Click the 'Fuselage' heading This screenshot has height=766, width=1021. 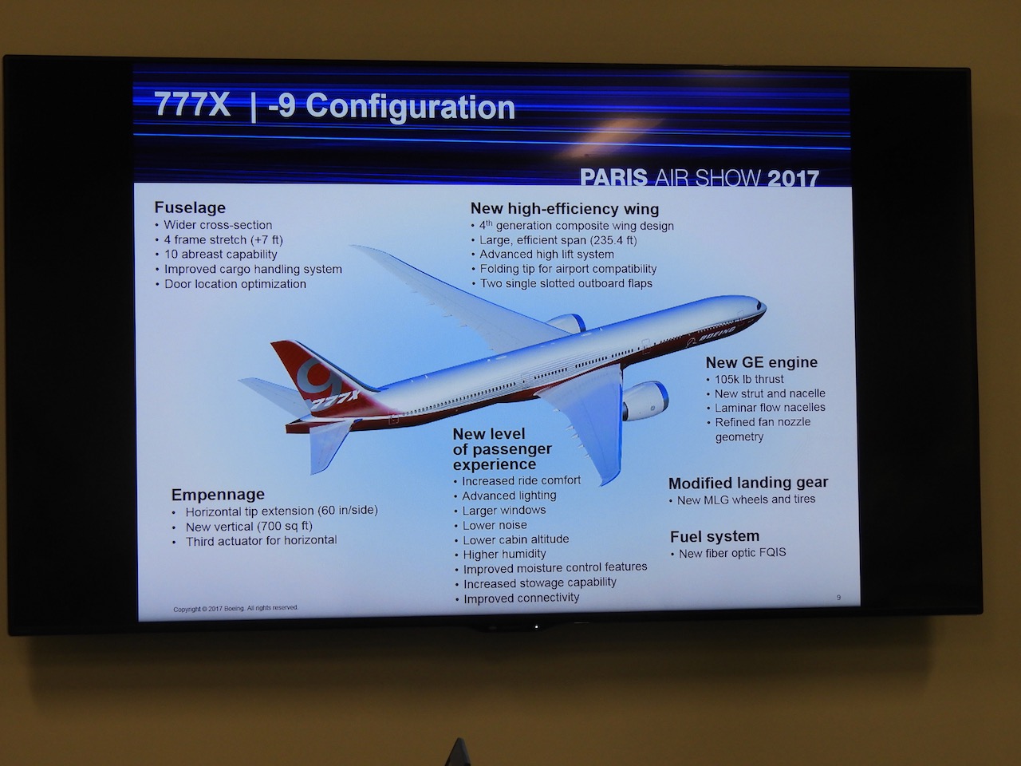[x=190, y=207]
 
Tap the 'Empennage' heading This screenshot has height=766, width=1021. [x=218, y=494]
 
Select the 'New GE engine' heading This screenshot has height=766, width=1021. [x=762, y=362]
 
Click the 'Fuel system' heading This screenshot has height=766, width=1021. [x=715, y=537]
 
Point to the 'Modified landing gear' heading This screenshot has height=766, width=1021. [x=748, y=483]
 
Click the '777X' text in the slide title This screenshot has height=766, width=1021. [x=192, y=105]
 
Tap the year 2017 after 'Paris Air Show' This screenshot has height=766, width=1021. [x=793, y=178]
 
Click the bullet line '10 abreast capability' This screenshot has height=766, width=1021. [x=220, y=255]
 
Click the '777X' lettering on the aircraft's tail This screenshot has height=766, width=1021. [x=334, y=400]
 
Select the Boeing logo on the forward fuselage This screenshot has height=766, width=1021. [x=711, y=335]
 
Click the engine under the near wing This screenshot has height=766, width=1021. [x=645, y=401]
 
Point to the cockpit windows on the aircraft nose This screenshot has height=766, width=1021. [x=760, y=306]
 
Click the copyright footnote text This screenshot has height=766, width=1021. [x=235, y=608]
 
